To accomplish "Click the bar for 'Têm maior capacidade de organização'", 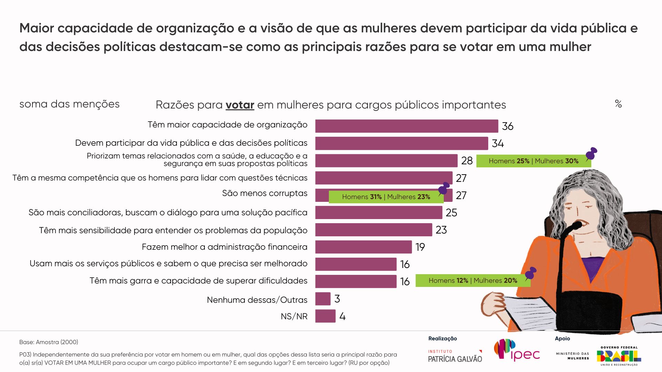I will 407,126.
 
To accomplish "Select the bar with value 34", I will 401,143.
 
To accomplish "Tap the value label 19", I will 420,247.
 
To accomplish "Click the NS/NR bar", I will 325,316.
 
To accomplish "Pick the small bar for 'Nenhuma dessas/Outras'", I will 323,299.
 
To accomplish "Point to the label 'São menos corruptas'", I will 264,193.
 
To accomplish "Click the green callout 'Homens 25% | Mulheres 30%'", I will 533,161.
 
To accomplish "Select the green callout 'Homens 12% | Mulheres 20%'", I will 473,280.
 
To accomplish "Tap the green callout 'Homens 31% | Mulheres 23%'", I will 386,197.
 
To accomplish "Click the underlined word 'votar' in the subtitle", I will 240,105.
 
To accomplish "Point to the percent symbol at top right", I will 618,104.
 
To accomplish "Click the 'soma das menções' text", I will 69,104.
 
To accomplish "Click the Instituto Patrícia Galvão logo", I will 455,356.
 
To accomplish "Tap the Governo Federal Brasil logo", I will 619,356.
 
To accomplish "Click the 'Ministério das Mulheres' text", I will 572,356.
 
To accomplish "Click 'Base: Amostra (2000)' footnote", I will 49,342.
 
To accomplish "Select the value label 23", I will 441,230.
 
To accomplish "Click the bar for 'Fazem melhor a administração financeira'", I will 363,247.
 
